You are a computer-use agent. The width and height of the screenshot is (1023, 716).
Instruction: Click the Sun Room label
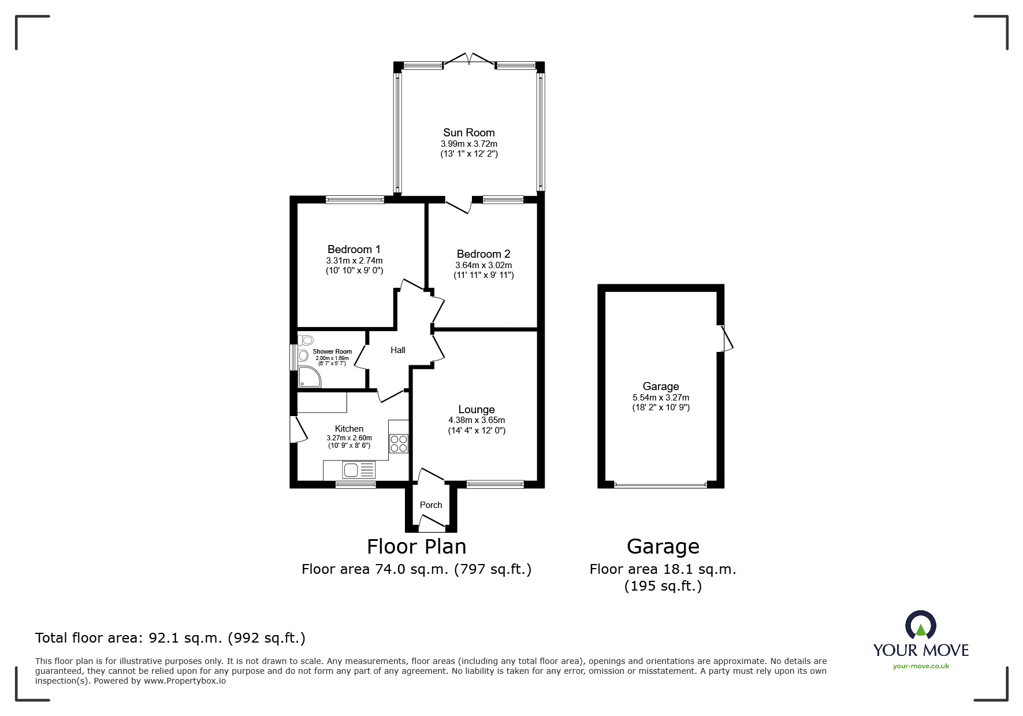tap(468, 133)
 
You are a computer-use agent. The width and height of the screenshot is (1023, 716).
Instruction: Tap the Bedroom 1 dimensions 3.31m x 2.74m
tap(354, 261)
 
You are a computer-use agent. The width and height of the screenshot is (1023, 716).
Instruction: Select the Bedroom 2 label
tap(483, 254)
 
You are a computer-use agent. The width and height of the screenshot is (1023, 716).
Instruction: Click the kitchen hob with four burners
tap(399, 443)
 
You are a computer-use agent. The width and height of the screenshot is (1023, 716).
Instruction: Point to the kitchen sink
tap(351, 470)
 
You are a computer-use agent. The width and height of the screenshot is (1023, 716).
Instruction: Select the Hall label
tap(397, 350)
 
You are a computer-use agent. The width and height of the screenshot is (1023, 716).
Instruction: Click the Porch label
tap(430, 505)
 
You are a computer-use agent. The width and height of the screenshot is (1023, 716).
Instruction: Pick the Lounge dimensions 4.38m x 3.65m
tap(477, 420)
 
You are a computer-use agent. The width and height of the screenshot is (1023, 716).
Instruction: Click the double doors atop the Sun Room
tap(468, 60)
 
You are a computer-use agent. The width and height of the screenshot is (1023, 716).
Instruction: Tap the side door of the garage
tap(727, 339)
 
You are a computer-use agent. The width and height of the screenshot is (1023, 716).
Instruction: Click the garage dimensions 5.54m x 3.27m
tap(660, 398)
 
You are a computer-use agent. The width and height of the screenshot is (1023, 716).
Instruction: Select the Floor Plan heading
tap(416, 547)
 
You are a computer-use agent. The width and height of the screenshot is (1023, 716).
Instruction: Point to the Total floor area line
tap(170, 638)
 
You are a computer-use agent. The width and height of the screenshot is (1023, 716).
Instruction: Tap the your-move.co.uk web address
tap(921, 666)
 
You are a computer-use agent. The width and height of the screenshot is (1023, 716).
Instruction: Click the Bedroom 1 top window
tap(355, 200)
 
